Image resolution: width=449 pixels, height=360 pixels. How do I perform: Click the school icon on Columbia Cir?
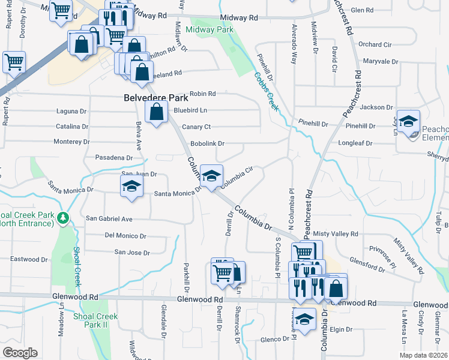coord(211,176)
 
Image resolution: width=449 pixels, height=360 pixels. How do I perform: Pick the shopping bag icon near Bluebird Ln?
coord(156,112)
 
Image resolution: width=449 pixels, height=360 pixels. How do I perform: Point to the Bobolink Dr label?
coord(207,144)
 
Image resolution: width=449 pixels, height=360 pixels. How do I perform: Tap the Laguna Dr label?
coord(71,112)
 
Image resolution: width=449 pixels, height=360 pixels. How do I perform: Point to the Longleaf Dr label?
coord(355,143)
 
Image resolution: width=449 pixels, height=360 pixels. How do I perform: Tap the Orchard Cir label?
coord(375,44)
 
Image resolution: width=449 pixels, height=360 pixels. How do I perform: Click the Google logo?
coord(20,353)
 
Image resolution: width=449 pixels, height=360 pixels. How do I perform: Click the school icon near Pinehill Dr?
coord(408,122)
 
